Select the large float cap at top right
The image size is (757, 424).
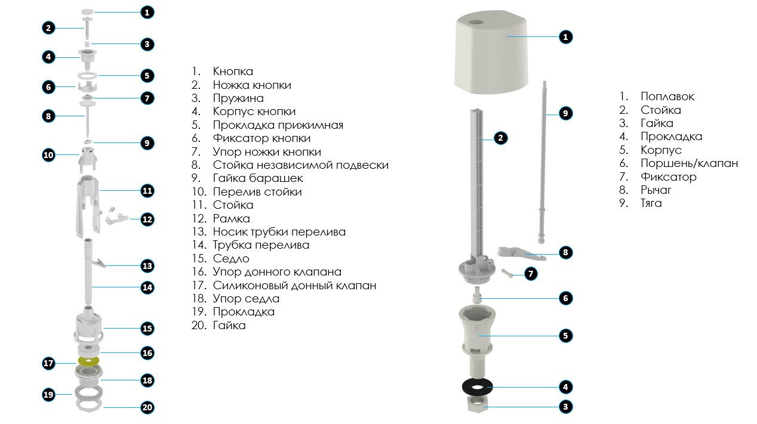pos(491,54)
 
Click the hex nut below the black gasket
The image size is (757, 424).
pos(477,404)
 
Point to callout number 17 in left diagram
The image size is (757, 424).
pos(48,363)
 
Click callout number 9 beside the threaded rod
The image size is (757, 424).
pos(565,113)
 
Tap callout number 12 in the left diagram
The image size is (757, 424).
pos(147,219)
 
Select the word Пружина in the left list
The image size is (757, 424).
pos(238,98)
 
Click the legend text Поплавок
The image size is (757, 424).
pos(667,97)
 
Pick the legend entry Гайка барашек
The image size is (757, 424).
pos(258,178)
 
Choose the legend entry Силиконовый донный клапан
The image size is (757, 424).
pos(294,286)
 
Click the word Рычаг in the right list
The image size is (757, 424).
pos(656,190)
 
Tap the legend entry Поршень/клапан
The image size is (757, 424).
pos(689,163)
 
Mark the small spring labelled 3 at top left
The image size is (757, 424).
pos(87,44)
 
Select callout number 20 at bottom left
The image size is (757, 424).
pos(147,407)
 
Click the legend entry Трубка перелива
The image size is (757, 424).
pos(261,245)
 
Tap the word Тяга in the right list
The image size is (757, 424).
pos(651,203)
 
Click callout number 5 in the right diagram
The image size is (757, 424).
pos(565,336)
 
